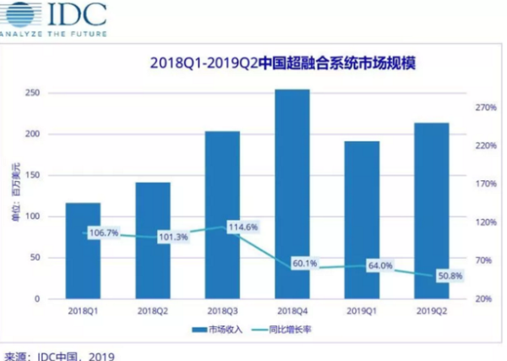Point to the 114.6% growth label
[x=242, y=227]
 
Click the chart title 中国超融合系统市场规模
[x=288, y=63]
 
